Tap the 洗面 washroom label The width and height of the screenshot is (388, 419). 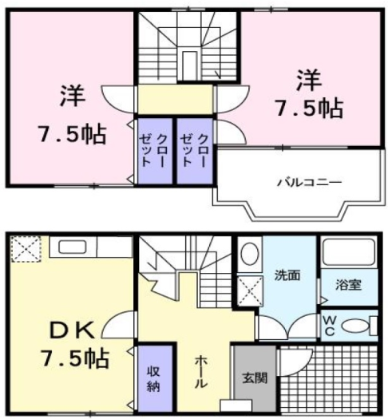287,275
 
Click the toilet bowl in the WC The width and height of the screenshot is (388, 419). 363,326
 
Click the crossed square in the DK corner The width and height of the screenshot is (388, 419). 25,249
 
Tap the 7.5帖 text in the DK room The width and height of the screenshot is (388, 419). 72,357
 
